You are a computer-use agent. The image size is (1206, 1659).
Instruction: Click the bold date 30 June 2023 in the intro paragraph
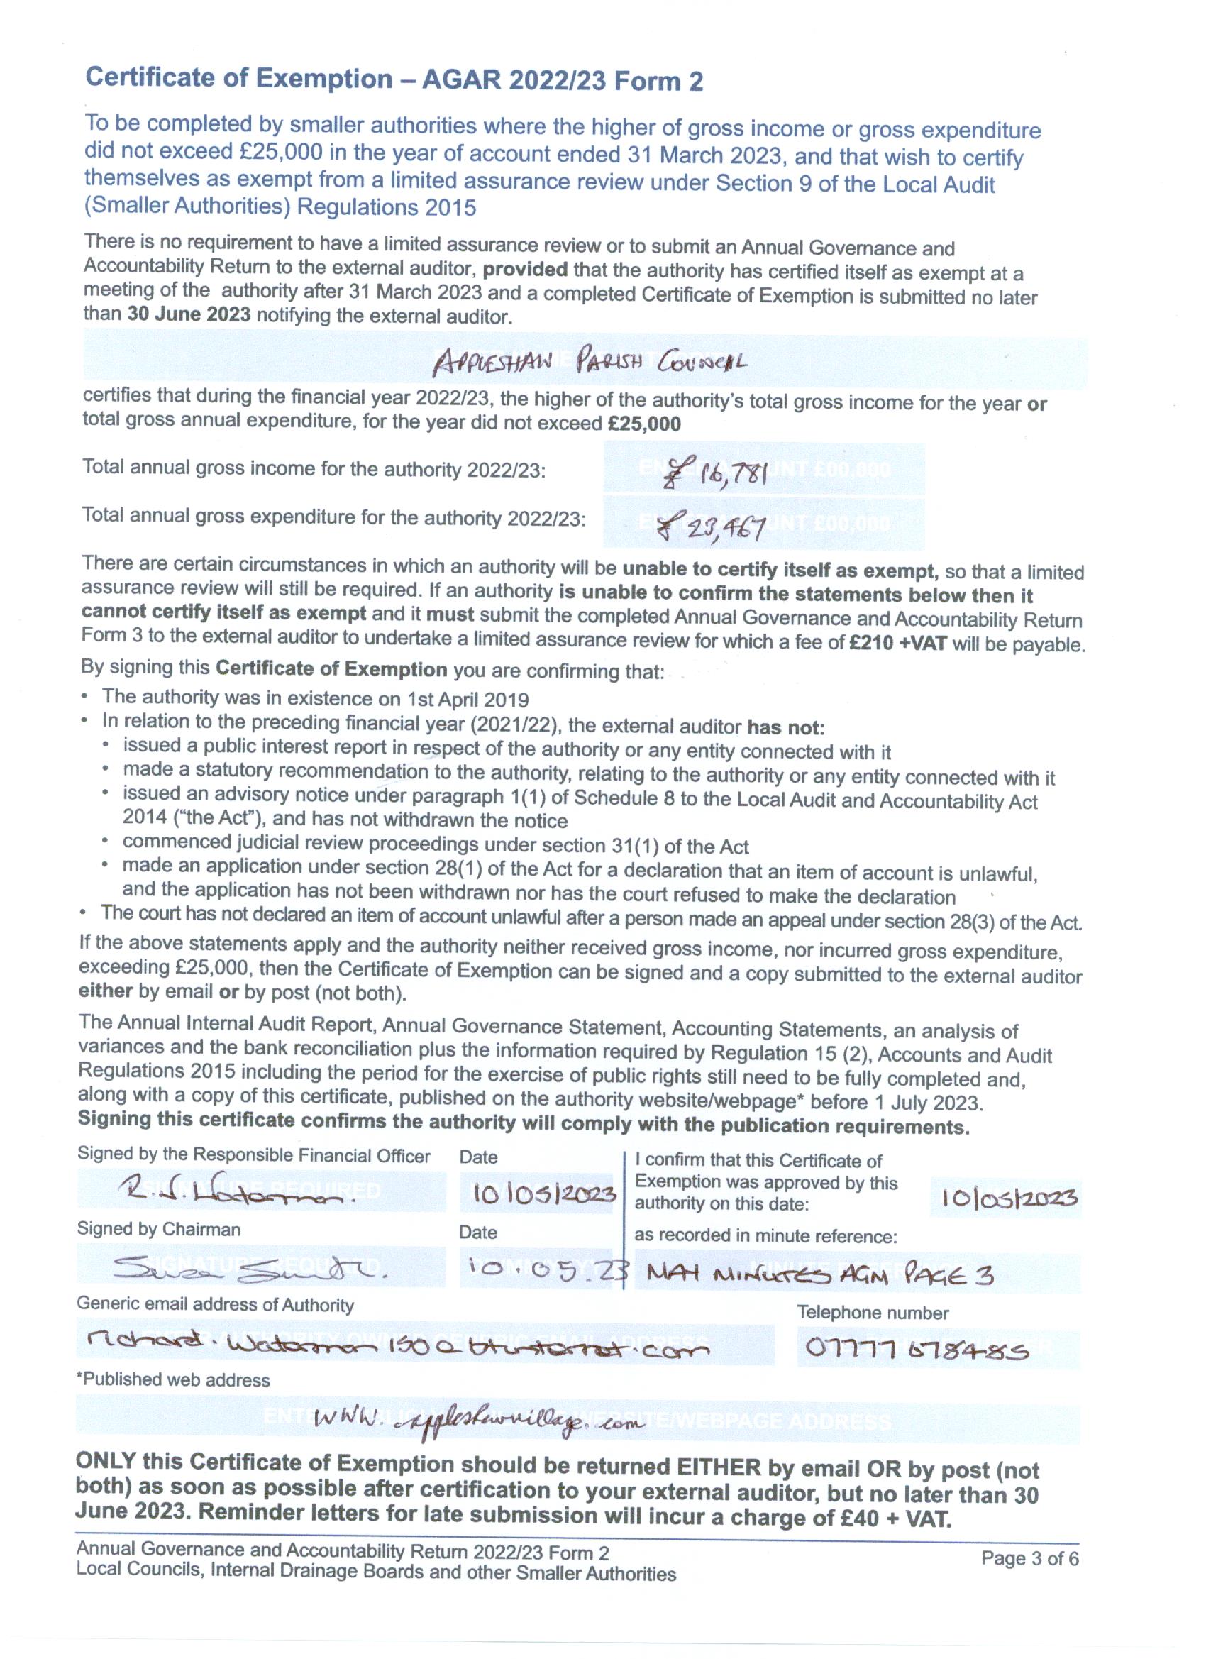tap(189, 314)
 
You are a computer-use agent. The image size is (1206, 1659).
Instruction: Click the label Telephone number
tap(873, 1312)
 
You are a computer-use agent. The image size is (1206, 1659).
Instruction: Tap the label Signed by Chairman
tap(159, 1229)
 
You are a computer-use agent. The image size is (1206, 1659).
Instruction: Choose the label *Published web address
tap(173, 1379)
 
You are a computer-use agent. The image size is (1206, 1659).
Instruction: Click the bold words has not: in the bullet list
tap(785, 728)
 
